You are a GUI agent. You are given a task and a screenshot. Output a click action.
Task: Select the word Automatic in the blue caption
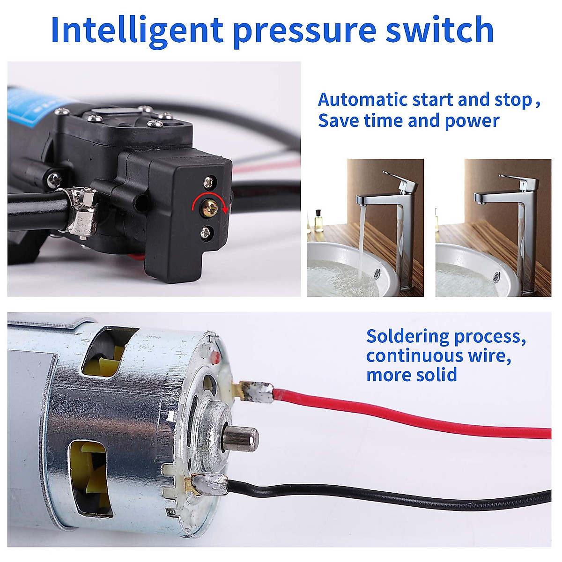pyautogui.click(x=362, y=100)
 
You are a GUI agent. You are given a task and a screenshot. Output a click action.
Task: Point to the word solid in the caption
pyautogui.click(x=437, y=375)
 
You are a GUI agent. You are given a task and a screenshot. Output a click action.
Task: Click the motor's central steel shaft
pyautogui.click(x=241, y=438)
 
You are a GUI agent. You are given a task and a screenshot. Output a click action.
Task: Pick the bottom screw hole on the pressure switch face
pyautogui.click(x=205, y=232)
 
